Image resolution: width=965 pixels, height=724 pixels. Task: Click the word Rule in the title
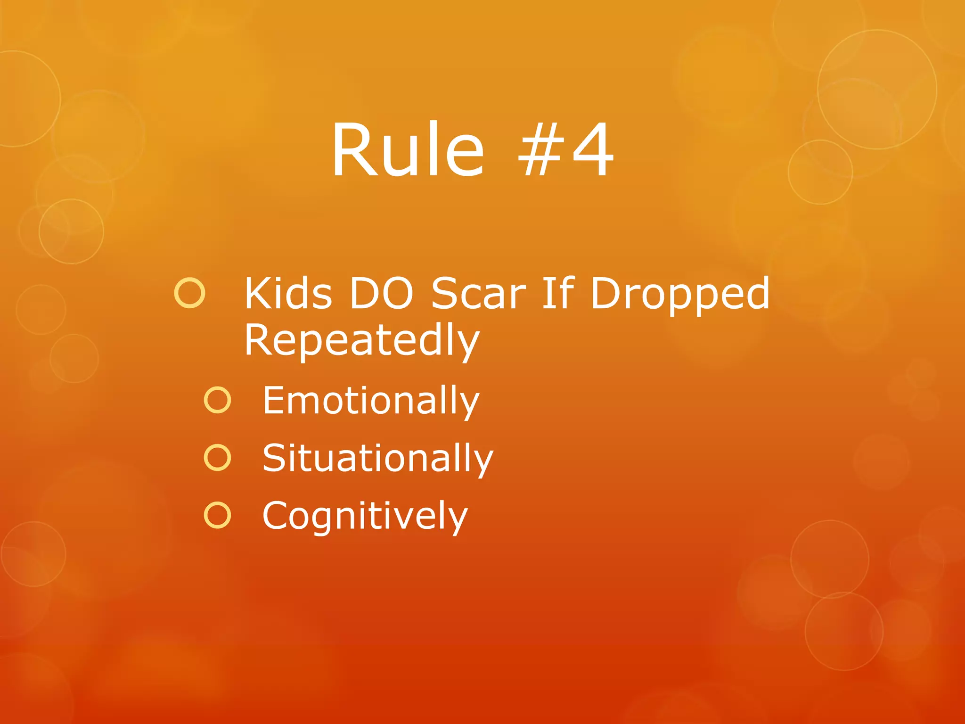click(x=408, y=150)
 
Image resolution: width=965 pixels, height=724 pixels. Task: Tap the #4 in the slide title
click(x=565, y=150)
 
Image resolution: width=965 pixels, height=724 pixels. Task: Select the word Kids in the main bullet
click(x=288, y=294)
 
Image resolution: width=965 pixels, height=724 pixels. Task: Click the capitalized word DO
click(x=381, y=294)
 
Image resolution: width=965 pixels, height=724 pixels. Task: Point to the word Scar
click(x=478, y=294)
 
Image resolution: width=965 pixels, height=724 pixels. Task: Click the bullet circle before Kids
click(x=190, y=293)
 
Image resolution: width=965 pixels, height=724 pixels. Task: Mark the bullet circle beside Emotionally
click(x=218, y=400)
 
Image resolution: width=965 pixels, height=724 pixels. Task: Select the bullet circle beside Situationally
click(x=218, y=458)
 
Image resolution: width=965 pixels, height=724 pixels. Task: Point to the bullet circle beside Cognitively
click(x=218, y=515)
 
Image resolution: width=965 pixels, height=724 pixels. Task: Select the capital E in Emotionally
click(x=273, y=400)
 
